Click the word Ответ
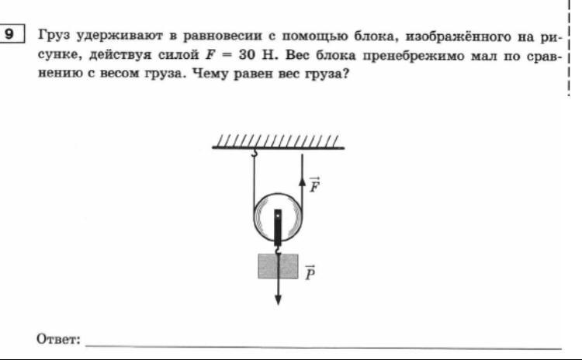(58, 339)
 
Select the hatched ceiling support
(277, 141)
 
